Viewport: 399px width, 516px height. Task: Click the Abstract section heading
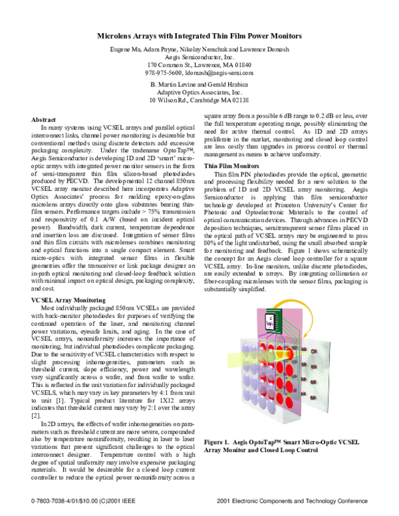coord(45,119)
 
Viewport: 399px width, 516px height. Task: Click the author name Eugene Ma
coord(126,50)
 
